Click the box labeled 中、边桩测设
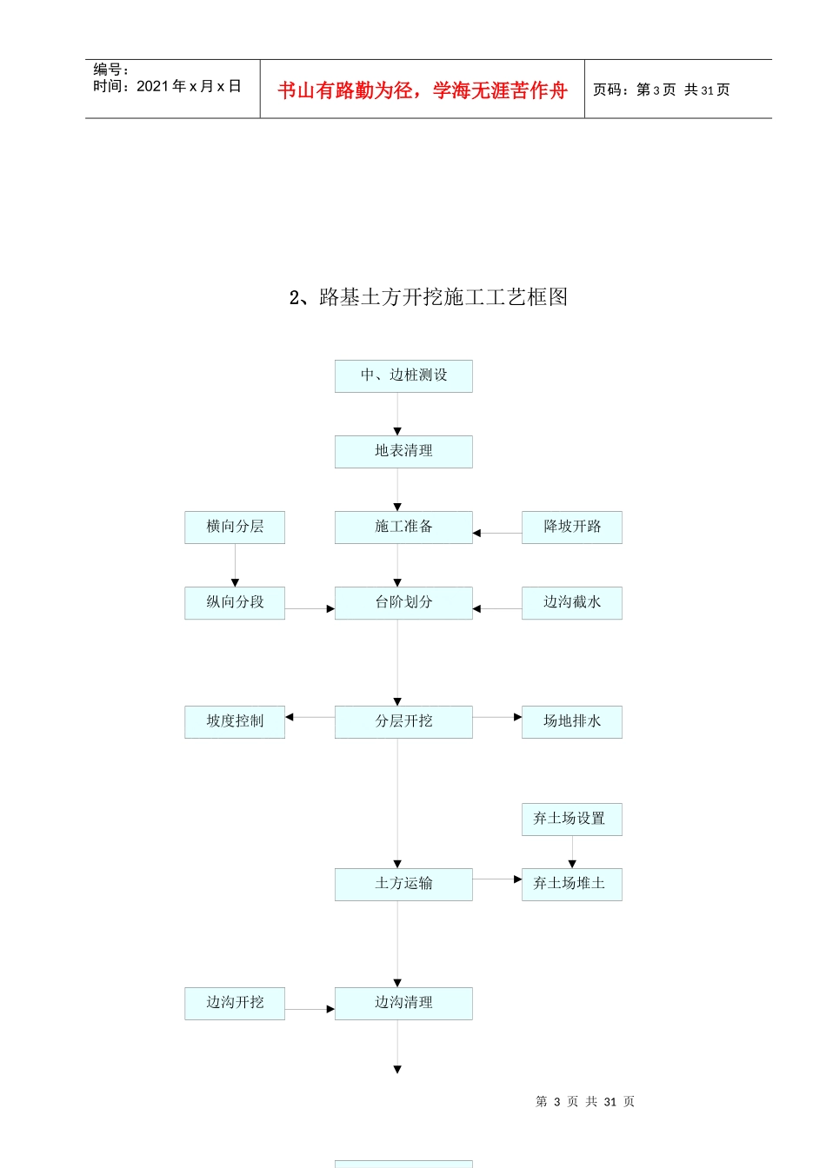[403, 375]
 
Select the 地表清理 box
[403, 451]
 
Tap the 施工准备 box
[403, 527]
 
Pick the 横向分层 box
[235, 527]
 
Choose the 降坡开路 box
[572, 527]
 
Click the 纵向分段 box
[235, 602]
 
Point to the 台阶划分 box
[403, 602]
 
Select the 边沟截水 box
[572, 602]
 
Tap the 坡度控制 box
[235, 721]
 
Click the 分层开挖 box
[403, 721]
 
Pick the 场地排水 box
[572, 721]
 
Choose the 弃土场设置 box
[572, 819]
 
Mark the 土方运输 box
[403, 884]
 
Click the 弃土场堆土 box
[572, 884]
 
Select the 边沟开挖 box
[235, 1003]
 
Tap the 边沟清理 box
[403, 1003]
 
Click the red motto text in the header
[423, 90]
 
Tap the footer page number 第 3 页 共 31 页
[585, 1102]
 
